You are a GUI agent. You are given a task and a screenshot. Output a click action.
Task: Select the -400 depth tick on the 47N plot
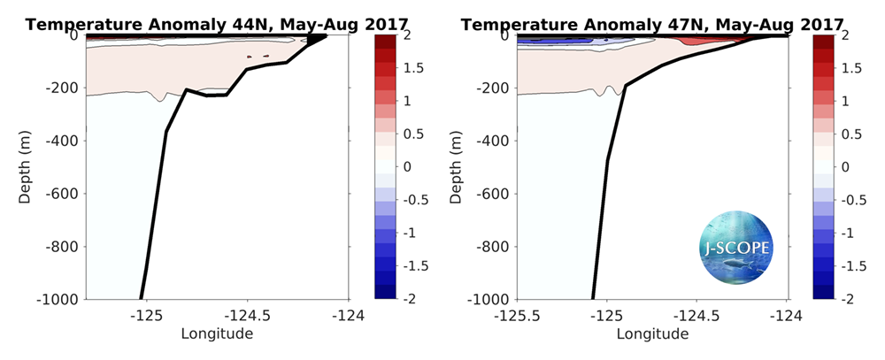click(x=496, y=141)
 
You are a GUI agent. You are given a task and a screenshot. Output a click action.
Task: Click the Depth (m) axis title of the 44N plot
click(x=25, y=167)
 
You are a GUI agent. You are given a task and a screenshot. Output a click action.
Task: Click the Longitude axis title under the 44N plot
click(x=217, y=333)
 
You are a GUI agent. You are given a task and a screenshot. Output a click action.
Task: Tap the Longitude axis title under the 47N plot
click(x=652, y=333)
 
